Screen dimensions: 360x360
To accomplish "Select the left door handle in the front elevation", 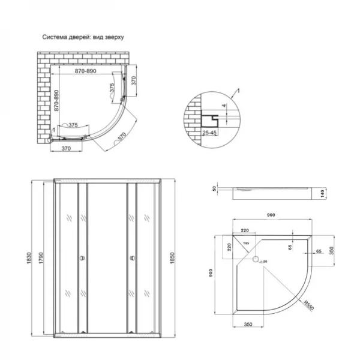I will (82, 259).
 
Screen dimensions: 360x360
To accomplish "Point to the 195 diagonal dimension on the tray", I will (246, 242).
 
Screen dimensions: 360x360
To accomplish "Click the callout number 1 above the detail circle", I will (238, 90).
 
